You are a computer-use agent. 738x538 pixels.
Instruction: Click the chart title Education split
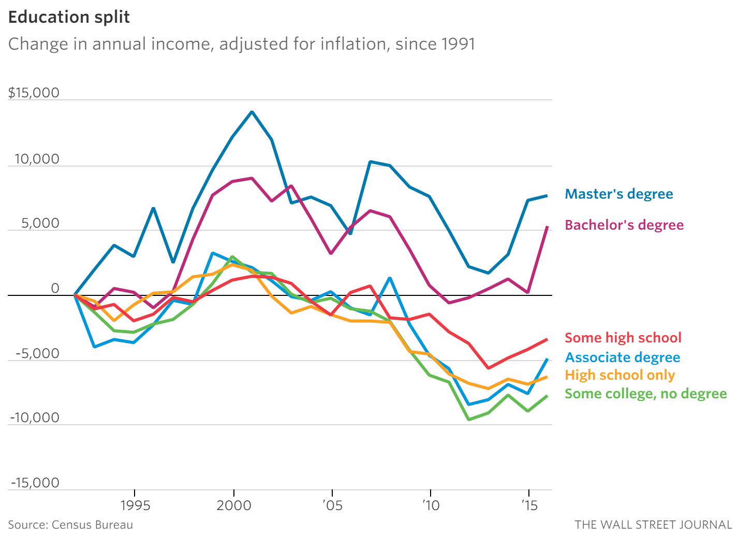(x=69, y=17)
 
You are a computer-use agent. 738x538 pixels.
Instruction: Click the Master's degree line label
(x=619, y=194)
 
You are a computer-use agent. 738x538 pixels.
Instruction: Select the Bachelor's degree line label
(x=624, y=225)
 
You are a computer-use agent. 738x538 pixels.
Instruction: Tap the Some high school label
(x=623, y=338)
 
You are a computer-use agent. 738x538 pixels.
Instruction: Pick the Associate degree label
(x=623, y=357)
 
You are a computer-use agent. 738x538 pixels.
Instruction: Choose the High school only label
(x=620, y=375)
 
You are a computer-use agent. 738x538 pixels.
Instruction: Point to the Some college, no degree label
(x=646, y=394)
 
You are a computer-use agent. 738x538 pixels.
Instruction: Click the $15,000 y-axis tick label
(x=34, y=93)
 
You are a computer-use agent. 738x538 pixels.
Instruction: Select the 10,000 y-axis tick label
(x=37, y=159)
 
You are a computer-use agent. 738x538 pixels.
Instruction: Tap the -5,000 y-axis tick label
(x=37, y=354)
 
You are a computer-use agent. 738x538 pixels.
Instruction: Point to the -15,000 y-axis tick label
(x=35, y=483)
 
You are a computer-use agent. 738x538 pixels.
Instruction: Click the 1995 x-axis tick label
(x=135, y=505)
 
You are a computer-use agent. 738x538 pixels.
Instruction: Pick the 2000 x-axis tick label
(x=234, y=505)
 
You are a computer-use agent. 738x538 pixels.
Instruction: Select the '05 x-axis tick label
(x=332, y=505)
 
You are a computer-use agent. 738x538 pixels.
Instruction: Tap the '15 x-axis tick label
(x=529, y=505)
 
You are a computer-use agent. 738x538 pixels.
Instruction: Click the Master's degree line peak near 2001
(x=252, y=112)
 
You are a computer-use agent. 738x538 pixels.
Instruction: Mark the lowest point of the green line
(x=469, y=420)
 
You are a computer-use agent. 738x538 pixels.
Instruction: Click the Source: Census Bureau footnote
(x=70, y=525)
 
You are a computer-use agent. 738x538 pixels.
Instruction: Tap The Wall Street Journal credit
(x=653, y=525)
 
